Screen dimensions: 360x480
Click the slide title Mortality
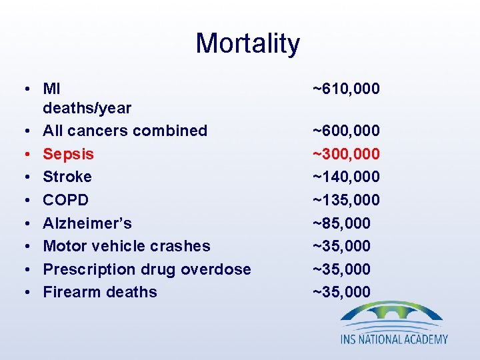click(247, 44)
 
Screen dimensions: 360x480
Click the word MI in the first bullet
click(52, 88)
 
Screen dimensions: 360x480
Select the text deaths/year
click(87, 108)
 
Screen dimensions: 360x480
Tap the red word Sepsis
click(68, 154)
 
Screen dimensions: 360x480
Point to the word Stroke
click(67, 177)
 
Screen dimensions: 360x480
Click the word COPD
click(65, 200)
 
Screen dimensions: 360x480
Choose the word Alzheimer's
click(87, 223)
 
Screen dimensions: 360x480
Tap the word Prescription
click(87, 269)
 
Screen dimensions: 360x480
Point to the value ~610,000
click(346, 88)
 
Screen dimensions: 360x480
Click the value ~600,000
click(346, 131)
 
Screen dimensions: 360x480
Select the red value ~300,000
click(346, 154)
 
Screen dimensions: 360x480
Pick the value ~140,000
click(346, 177)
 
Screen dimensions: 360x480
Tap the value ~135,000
click(346, 200)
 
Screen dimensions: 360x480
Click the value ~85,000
click(342, 223)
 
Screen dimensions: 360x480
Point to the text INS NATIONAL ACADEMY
click(394, 339)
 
